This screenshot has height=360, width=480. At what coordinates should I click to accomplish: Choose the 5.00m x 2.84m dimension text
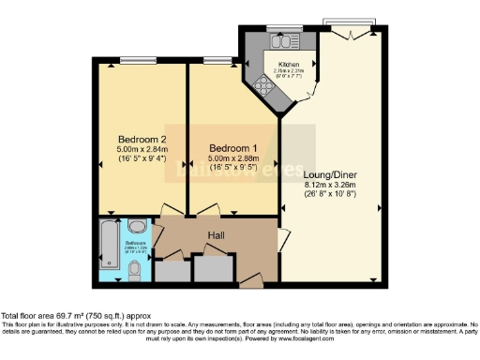click(x=127, y=147)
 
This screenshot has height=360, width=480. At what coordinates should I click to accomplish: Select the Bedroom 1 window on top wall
click(x=218, y=60)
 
